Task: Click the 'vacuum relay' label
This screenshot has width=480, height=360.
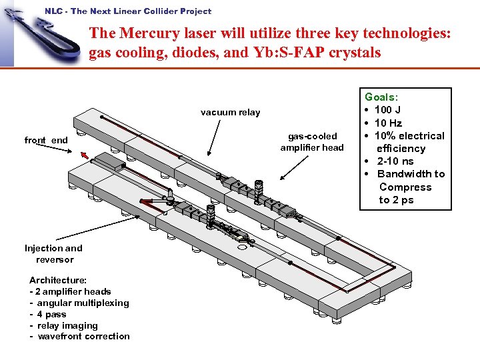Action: click(x=230, y=112)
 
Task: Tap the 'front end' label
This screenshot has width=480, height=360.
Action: click(x=46, y=140)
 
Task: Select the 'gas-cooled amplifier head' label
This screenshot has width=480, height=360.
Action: click(x=311, y=142)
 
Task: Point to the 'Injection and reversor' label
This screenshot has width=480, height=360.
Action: click(x=54, y=254)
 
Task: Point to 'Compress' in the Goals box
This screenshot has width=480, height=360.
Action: click(x=405, y=187)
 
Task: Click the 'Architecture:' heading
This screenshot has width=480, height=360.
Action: click(x=57, y=280)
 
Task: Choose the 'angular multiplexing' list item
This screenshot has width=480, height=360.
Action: click(x=83, y=303)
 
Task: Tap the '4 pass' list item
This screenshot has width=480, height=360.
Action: click(x=51, y=314)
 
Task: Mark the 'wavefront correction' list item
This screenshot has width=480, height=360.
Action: click(x=83, y=336)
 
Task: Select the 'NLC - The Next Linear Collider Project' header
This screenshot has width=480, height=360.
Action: click(x=128, y=11)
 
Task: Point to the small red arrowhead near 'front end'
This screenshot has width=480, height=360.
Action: click(x=84, y=156)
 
